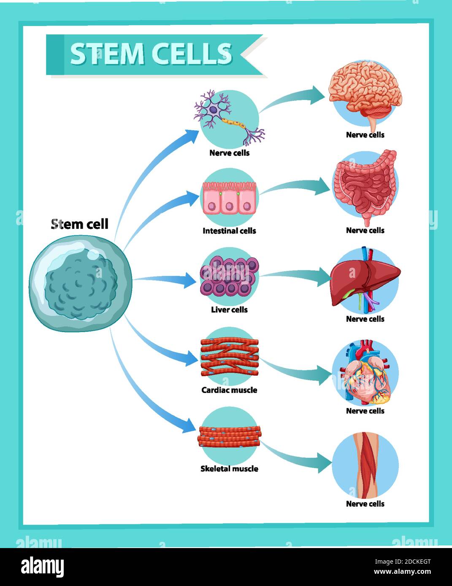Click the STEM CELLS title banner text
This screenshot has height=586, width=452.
[151, 54]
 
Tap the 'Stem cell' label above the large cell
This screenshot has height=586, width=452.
[80, 224]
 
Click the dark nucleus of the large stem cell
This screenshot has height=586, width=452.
[80, 287]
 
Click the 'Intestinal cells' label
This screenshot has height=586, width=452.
[229, 231]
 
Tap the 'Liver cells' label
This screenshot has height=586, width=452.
[229, 309]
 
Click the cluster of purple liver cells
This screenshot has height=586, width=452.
[229, 276]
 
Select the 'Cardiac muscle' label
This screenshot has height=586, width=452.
[229, 390]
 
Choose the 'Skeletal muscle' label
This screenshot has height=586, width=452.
[229, 468]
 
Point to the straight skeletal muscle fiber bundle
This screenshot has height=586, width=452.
[229, 436]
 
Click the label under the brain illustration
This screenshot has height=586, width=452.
[365, 135]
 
